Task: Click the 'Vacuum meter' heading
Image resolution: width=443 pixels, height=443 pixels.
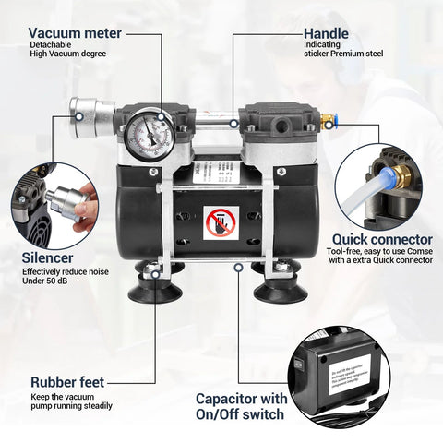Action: [x=75, y=34]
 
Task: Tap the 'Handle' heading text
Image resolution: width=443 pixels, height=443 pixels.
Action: [x=327, y=34]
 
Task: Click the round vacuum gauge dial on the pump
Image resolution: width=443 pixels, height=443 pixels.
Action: [x=146, y=131]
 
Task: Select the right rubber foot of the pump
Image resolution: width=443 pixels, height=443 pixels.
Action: [x=280, y=287]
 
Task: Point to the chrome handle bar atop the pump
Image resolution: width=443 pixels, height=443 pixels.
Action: [x=216, y=115]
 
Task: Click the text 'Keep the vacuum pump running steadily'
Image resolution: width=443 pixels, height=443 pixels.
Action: [x=71, y=401]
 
